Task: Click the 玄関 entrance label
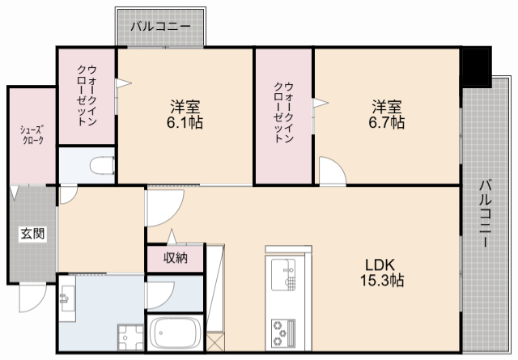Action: pyautogui.click(x=32, y=235)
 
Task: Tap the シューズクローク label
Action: pyautogui.click(x=32, y=134)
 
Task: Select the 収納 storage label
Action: pyautogui.click(x=175, y=259)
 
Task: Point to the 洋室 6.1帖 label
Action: pyautogui.click(x=186, y=115)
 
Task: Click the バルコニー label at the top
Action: pyautogui.click(x=162, y=27)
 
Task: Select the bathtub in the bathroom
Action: pyautogui.click(x=176, y=332)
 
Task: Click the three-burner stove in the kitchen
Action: pyautogui.click(x=283, y=332)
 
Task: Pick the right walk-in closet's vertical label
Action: pyautogui.click(x=283, y=113)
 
